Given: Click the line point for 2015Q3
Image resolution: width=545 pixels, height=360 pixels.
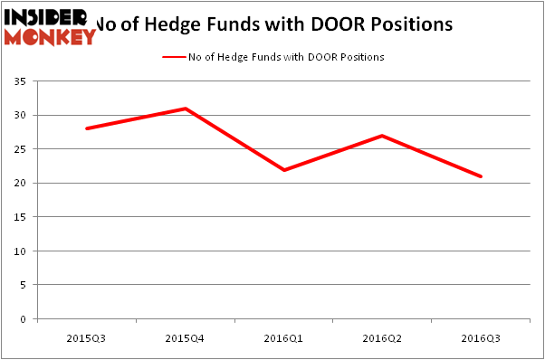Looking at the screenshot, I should tap(87, 128).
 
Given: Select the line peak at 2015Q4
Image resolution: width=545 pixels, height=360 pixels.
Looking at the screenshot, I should tap(186, 109).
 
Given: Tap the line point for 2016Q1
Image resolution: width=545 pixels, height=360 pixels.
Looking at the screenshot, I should tap(283, 170).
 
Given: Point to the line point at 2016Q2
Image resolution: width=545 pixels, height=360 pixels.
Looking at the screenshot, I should tap(382, 136).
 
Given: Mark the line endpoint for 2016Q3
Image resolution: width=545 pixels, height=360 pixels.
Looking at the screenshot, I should tap(481, 176).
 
